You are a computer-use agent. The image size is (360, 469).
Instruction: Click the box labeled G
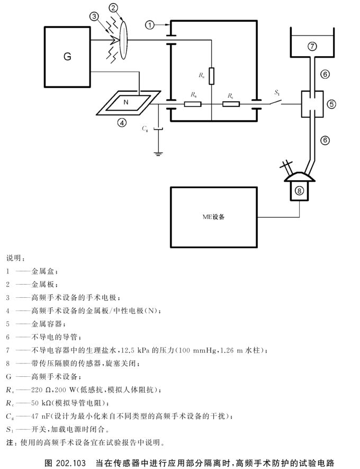click(x=67, y=56)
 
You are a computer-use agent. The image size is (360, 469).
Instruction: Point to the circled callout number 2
click(x=113, y=7)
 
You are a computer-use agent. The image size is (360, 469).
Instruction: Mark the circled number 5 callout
click(x=331, y=104)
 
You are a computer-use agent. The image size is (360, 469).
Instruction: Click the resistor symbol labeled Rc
click(x=231, y=104)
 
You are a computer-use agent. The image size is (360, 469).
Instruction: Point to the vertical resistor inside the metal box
click(x=211, y=76)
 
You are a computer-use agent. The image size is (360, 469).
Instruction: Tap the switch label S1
click(x=276, y=93)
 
